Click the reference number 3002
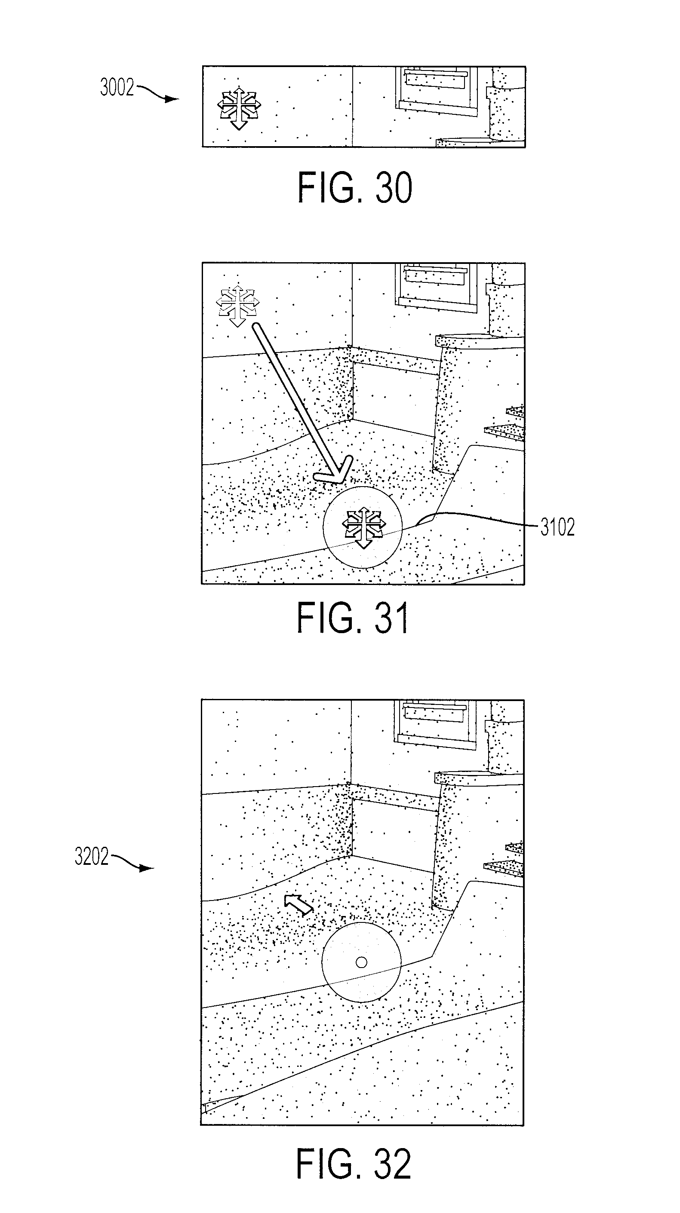pyautogui.click(x=117, y=88)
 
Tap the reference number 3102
pyautogui.click(x=557, y=527)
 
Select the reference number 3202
pyautogui.click(x=92, y=856)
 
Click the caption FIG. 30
pyautogui.click(x=355, y=187)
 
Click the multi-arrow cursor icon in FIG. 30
pyautogui.click(x=239, y=108)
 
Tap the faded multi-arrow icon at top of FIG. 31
pyautogui.click(x=237, y=305)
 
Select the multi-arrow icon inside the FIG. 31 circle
pyautogui.click(x=363, y=527)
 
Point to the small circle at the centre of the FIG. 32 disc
pyautogui.click(x=361, y=962)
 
